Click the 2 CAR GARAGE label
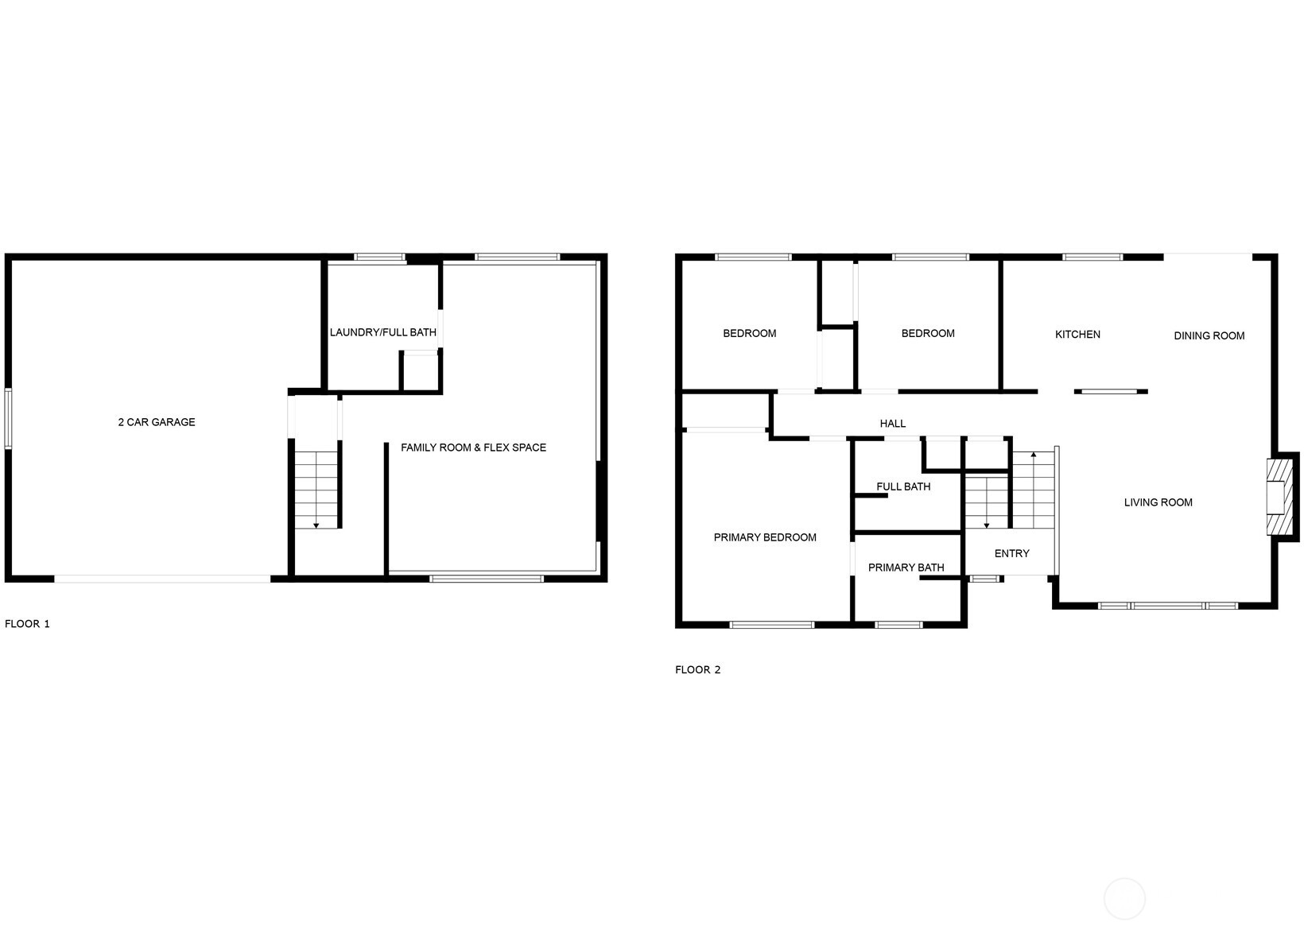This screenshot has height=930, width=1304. [x=157, y=422]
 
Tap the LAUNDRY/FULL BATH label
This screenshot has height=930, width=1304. [x=383, y=332]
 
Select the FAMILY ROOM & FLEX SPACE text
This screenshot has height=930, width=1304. [x=473, y=448]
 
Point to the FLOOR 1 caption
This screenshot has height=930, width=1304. [x=27, y=624]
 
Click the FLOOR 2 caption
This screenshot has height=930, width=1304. [x=697, y=670]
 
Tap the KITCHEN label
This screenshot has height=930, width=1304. [x=1077, y=335]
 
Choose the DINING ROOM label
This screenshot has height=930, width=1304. [x=1209, y=335]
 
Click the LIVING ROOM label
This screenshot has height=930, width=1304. [x=1158, y=502]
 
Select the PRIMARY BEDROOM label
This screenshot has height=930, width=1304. [x=765, y=537]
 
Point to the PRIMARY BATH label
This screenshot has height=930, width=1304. [x=906, y=568]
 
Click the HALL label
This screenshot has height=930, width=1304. [x=893, y=424]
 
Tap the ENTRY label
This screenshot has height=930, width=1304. [x=1011, y=553]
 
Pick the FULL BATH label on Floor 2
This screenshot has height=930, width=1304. [x=903, y=486]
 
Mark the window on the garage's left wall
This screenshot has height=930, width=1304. [x=8, y=418]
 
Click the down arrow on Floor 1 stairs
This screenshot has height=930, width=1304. [x=316, y=525]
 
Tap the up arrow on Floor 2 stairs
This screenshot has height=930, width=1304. [x=1033, y=455]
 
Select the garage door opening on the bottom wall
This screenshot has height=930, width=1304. [x=162, y=579]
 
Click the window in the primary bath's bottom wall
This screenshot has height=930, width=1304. [x=898, y=625]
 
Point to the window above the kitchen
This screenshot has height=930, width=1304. [x=1092, y=257]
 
